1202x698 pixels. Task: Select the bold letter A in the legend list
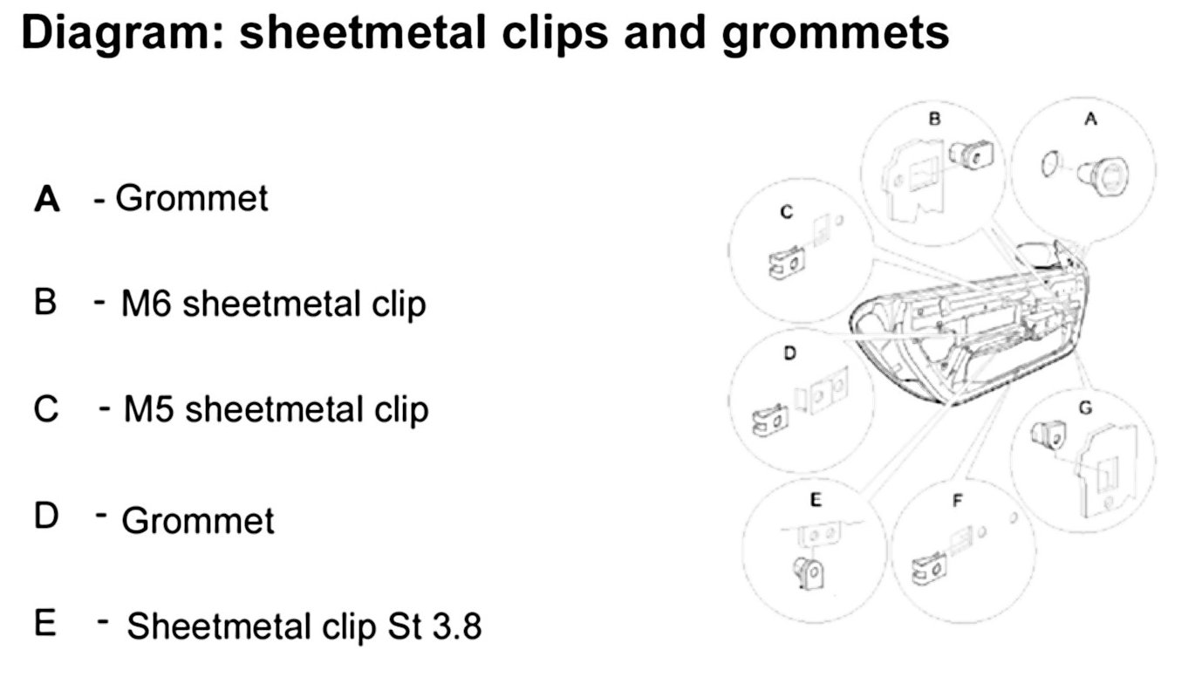(46, 200)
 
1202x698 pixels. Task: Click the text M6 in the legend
(147, 305)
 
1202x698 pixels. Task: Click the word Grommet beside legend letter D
(197, 521)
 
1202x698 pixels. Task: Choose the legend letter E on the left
(45, 625)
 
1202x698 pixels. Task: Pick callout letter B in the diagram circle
(934, 120)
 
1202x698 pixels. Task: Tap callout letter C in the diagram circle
(786, 212)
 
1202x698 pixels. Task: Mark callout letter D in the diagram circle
(789, 354)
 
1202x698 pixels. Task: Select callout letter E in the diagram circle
(816, 500)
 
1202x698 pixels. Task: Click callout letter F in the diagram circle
(957, 500)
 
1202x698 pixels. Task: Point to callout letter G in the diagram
(1084, 407)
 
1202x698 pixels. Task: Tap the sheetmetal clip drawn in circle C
(784, 261)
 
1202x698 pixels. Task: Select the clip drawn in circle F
(930, 568)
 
